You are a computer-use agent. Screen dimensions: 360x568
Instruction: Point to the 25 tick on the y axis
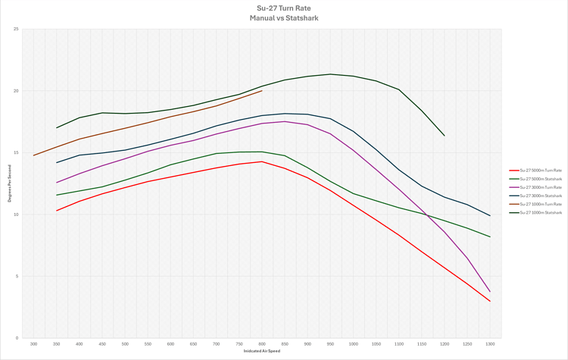[17, 30]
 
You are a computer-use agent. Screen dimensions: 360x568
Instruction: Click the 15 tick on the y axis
[17, 153]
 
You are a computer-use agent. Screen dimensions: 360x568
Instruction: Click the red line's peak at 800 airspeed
[262, 161]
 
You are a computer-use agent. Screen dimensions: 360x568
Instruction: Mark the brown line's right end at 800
[262, 91]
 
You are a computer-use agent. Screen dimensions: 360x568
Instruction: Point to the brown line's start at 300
[33, 155]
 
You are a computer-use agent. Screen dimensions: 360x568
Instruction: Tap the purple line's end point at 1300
[490, 292]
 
